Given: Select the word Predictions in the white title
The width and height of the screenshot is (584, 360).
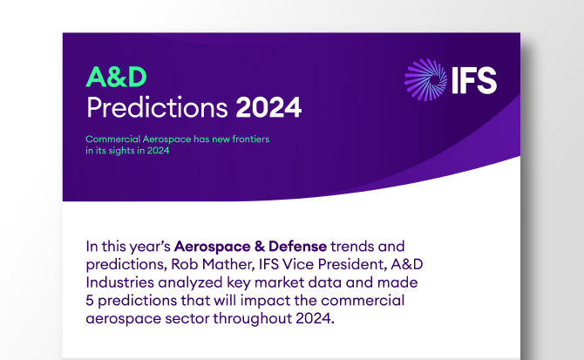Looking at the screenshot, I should pos(158,108).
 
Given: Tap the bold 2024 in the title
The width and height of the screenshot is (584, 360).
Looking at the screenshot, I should pos(269,108).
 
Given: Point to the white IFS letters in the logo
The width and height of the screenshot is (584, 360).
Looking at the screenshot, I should pos(473,81).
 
